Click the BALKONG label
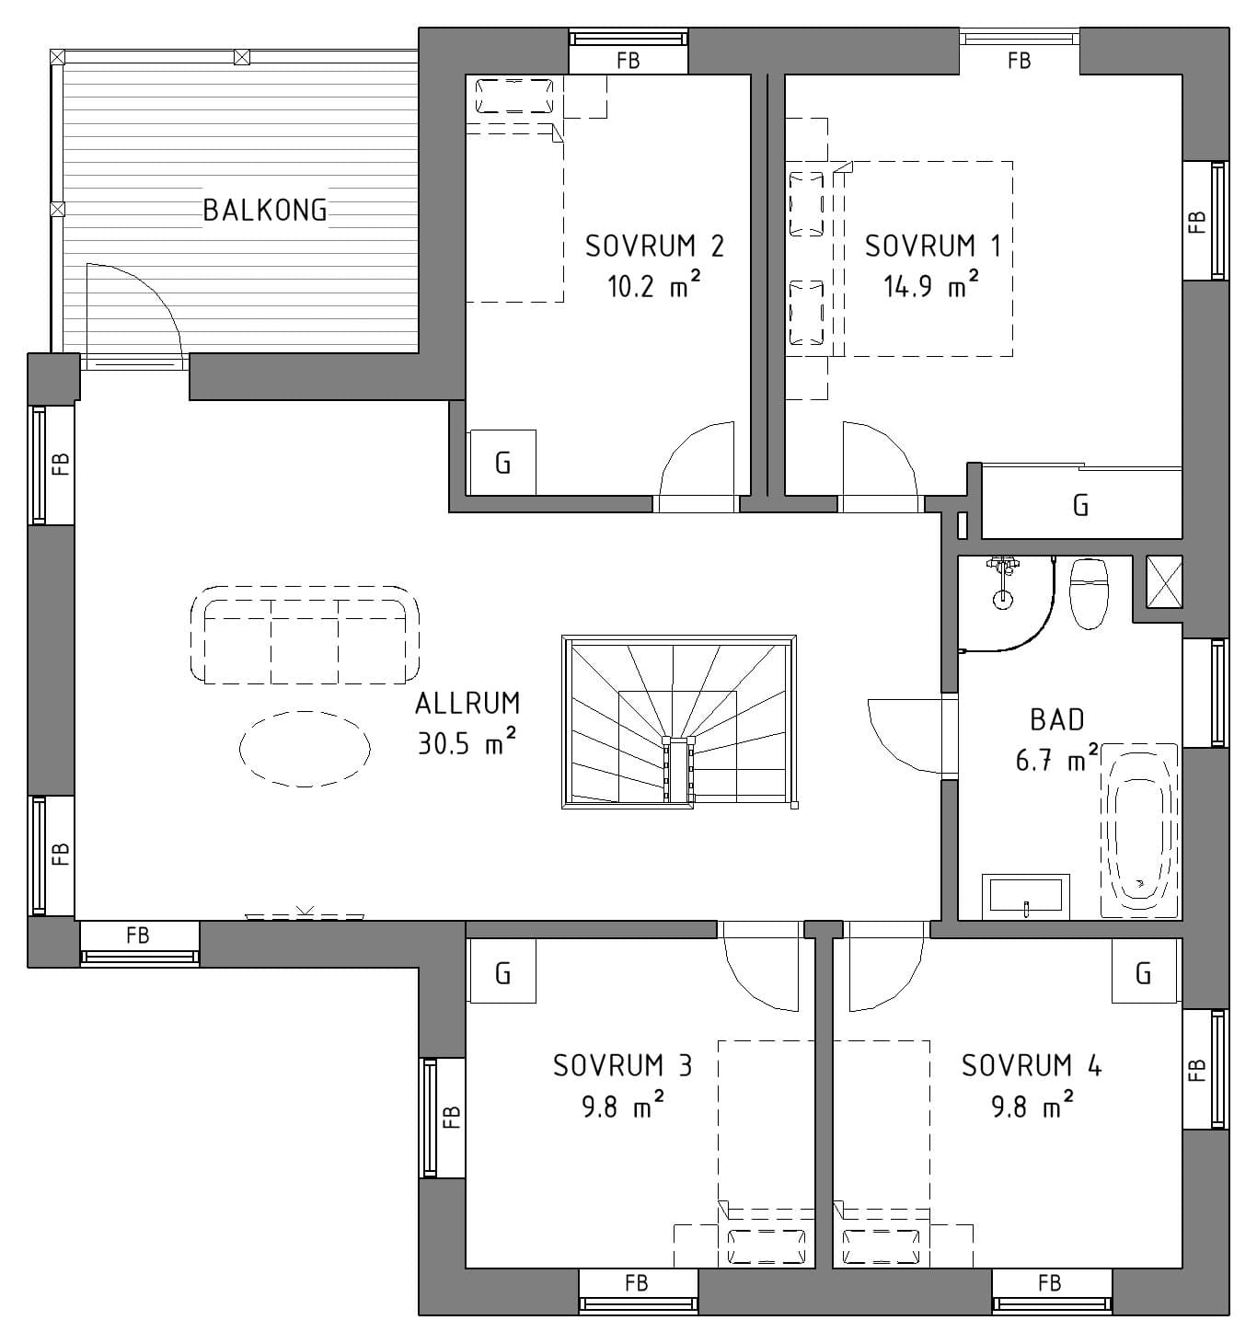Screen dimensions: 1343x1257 265,211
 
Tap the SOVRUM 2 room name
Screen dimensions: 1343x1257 654,247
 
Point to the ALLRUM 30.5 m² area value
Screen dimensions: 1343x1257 467,743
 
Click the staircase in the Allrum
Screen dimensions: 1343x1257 678,722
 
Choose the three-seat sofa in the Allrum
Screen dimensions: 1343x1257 305,636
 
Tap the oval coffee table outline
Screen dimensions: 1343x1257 305,749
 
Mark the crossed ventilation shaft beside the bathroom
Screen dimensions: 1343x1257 1164,582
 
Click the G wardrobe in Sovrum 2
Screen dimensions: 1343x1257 502,462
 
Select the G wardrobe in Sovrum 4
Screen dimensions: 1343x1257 1144,972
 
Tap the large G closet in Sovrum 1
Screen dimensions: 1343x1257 1081,505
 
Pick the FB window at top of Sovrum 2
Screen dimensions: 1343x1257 628,52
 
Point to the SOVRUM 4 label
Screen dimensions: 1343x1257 1032,1066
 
